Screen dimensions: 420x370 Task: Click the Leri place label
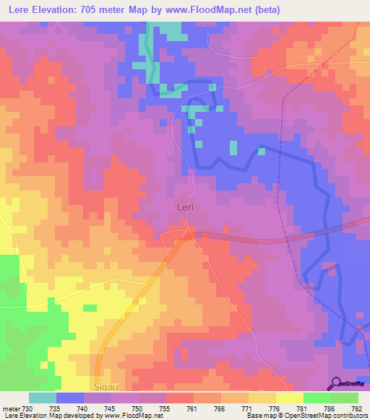click(186, 207)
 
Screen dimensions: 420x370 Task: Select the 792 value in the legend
click(356, 408)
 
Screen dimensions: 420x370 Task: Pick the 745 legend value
click(111, 408)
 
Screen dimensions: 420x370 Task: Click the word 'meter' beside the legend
click(11, 408)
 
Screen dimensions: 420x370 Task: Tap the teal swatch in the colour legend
click(43, 398)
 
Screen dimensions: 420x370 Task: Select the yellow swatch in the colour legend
click(290, 398)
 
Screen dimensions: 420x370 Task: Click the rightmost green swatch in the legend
click(345, 398)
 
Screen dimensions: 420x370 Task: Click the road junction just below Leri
click(188, 233)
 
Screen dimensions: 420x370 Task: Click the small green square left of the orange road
click(90, 308)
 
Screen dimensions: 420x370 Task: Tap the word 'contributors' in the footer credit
click(348, 416)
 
